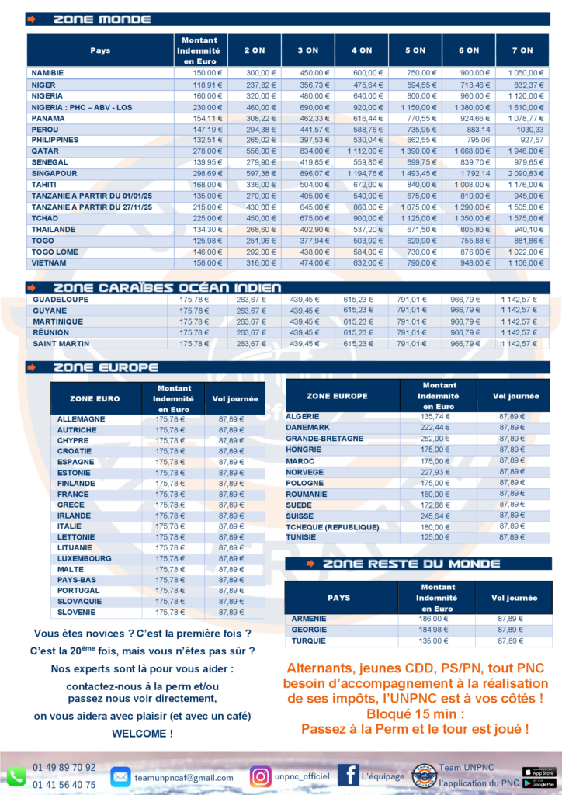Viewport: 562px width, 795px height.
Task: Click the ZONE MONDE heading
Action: (x=102, y=19)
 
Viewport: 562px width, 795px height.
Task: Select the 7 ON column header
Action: (x=522, y=50)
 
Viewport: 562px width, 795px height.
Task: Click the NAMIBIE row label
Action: (x=47, y=73)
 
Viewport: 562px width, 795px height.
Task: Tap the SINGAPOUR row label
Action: (x=55, y=174)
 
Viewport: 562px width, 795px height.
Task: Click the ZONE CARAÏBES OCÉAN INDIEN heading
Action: (x=167, y=288)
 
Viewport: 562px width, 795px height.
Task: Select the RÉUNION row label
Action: (x=50, y=332)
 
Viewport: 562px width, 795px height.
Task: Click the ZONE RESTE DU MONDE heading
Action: (x=411, y=564)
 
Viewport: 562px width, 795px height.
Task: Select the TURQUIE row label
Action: (x=309, y=641)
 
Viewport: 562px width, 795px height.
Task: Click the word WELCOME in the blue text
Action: (x=142, y=733)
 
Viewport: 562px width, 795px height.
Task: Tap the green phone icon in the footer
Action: (x=16, y=776)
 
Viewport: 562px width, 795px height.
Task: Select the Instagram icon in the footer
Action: (x=261, y=776)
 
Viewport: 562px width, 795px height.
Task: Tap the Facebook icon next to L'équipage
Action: (x=348, y=776)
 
